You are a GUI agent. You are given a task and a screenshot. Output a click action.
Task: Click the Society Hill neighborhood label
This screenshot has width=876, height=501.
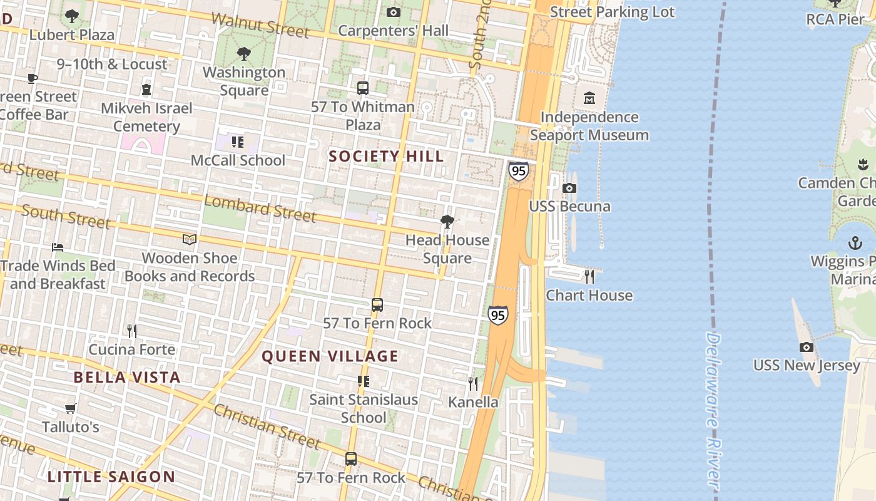pyautogui.click(x=386, y=156)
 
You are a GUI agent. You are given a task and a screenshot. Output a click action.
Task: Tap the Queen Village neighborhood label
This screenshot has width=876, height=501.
pyautogui.click(x=330, y=356)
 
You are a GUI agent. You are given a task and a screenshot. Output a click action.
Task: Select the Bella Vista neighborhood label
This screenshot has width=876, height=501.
pyautogui.click(x=127, y=377)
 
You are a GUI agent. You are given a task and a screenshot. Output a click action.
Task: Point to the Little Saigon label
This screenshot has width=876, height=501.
pyautogui.click(x=111, y=477)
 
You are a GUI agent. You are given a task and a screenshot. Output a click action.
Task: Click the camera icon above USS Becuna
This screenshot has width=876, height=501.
pyautogui.click(x=569, y=188)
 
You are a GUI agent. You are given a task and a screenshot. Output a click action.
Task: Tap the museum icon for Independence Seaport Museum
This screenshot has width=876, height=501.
pyautogui.click(x=589, y=98)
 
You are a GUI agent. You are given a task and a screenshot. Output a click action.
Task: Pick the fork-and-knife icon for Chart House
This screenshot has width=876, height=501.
pyautogui.click(x=589, y=276)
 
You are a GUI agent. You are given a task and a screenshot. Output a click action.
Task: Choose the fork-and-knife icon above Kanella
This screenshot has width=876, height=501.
pyautogui.click(x=473, y=383)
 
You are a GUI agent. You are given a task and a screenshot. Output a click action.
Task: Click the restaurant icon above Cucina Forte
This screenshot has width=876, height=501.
pyautogui.click(x=131, y=331)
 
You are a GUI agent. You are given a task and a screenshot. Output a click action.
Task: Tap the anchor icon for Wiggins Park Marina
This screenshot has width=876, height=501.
pyautogui.click(x=855, y=243)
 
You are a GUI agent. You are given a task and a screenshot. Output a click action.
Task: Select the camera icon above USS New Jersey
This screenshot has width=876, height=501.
pyautogui.click(x=807, y=347)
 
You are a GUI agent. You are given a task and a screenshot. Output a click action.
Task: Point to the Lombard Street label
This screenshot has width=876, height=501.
pyautogui.click(x=260, y=209)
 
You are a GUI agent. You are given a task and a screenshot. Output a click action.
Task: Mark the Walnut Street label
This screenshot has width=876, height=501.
pyautogui.click(x=260, y=24)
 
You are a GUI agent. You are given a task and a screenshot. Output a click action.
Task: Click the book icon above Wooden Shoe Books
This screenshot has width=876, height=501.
pyautogui.click(x=190, y=239)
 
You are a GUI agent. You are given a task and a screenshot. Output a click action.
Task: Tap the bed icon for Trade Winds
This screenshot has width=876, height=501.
pyautogui.click(x=58, y=247)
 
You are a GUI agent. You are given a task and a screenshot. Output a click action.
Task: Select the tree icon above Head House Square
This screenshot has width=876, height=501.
pyautogui.click(x=447, y=221)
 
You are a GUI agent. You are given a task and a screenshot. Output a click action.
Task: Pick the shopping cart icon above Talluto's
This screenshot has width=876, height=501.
pyautogui.click(x=70, y=408)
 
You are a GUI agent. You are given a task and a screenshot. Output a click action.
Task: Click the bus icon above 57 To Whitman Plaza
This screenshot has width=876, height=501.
pyautogui.click(x=363, y=88)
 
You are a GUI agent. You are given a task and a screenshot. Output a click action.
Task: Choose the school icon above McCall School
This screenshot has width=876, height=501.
pyautogui.click(x=238, y=142)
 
